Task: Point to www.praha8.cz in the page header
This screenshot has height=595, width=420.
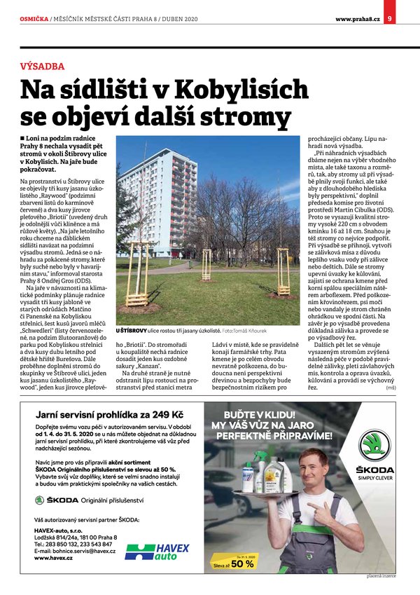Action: (x=357, y=18)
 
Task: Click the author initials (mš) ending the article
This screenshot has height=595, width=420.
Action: (x=391, y=387)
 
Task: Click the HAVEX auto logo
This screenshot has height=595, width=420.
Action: (x=157, y=552)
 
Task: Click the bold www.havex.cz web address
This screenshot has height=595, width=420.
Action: (x=53, y=559)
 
